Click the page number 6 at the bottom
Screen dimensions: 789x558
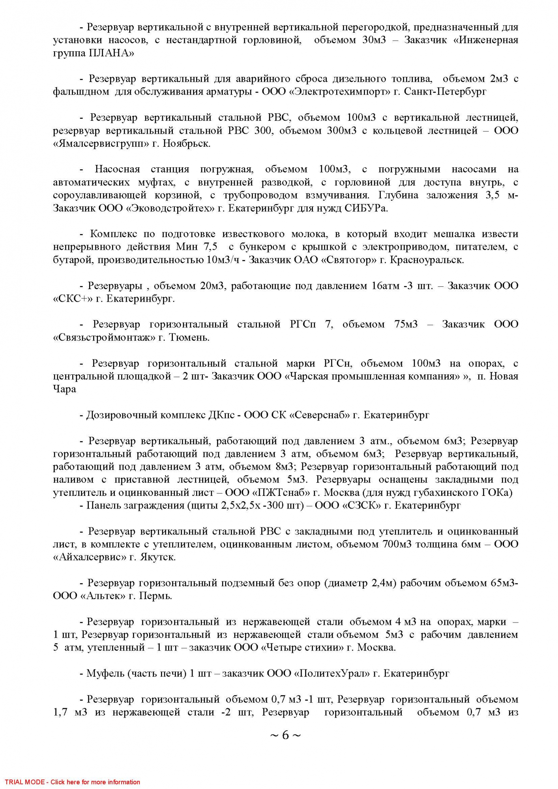coord(285,735)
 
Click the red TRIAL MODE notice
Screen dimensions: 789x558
coord(73,782)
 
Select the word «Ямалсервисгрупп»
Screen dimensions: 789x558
coord(101,143)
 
